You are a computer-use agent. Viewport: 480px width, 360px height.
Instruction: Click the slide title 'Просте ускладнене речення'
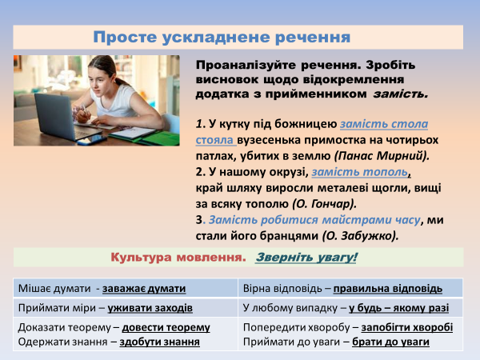pos(222,38)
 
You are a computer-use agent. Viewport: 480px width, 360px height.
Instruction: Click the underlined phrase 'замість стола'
pos(383,124)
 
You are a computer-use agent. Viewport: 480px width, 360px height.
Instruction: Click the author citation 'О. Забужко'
pos(359,236)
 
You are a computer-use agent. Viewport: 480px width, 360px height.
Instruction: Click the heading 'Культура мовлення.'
pos(178,258)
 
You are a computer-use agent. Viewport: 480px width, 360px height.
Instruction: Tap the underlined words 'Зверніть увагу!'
pos(306,258)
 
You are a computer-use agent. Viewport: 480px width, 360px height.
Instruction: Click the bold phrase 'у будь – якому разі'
pos(398,308)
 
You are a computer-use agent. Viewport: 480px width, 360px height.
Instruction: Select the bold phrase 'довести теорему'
pos(166,327)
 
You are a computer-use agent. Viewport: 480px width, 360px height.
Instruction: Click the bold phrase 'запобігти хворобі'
pos(406,327)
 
